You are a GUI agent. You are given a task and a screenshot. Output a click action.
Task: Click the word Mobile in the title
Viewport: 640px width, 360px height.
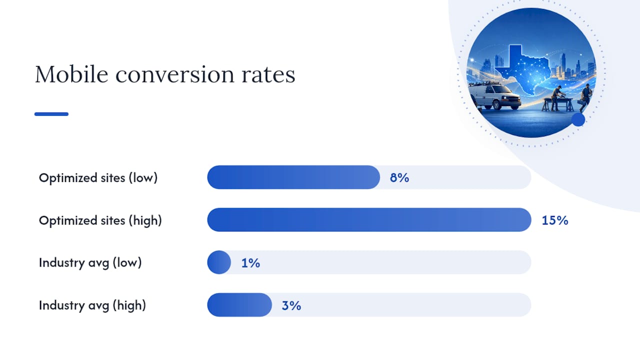pos(71,74)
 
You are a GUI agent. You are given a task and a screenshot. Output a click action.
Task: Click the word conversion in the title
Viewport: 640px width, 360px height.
pos(174,74)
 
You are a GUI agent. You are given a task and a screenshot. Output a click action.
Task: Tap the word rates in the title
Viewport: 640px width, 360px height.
pos(268,75)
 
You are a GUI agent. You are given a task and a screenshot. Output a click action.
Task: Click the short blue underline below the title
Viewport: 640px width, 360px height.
pos(51,114)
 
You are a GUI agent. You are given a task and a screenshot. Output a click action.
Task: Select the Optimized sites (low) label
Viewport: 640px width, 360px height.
pos(98,178)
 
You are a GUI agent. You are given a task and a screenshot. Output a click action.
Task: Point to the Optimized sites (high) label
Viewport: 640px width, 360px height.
pos(100,220)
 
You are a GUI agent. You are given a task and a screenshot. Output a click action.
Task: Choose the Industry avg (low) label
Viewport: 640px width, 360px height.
pos(90,263)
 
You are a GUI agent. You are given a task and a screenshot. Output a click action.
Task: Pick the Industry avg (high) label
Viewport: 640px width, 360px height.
pos(92,305)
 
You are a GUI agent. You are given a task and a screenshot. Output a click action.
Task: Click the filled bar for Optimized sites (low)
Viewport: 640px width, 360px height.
pos(293,177)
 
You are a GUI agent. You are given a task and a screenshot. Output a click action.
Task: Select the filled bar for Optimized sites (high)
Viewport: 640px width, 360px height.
pos(369,219)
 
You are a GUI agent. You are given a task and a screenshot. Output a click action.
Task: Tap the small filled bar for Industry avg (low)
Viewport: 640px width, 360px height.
pos(219,262)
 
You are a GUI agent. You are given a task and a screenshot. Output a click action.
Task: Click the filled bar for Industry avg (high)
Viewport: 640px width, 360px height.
pos(239,305)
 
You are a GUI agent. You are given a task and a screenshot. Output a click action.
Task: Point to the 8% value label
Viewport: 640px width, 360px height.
pos(399,177)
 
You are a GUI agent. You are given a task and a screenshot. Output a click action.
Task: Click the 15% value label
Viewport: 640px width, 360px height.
pos(555,220)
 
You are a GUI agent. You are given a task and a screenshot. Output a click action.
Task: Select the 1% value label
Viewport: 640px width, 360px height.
pos(250,263)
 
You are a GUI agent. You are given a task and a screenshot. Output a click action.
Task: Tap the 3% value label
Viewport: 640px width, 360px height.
pos(291,305)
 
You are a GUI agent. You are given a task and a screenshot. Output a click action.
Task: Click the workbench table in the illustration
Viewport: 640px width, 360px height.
pos(557,104)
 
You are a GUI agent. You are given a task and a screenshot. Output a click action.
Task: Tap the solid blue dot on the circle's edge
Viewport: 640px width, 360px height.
pos(578,119)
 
